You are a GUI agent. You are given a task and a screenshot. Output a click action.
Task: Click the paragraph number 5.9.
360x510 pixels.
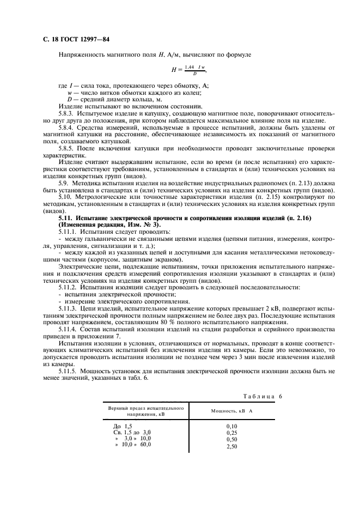tap(64, 184)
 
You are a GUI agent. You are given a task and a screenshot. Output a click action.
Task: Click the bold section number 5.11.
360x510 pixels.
tap(66, 217)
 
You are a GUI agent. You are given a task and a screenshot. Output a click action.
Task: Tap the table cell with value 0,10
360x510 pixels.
tap(232, 426)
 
